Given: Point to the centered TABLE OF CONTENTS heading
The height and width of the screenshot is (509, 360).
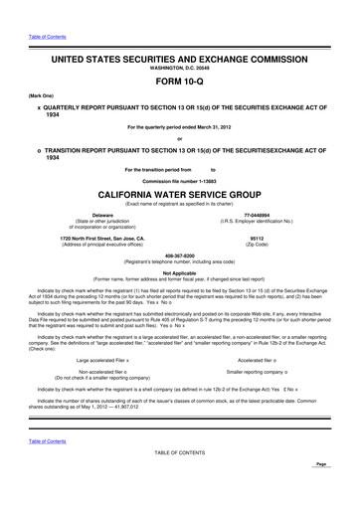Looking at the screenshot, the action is pyautogui.click(x=179, y=480).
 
